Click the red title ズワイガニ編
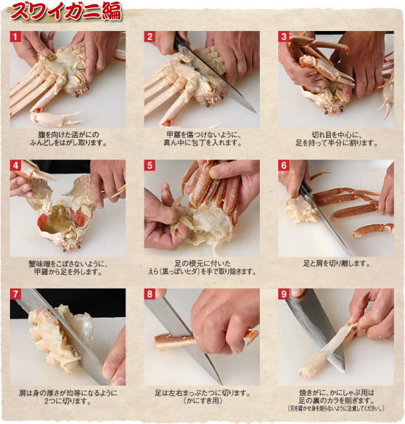pos(66,12)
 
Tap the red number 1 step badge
pos(15,36)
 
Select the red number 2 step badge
pos(149,36)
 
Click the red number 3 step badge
pos(283,36)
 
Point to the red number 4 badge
pos(15,165)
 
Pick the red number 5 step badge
pos(149,165)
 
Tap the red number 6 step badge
pos(283,165)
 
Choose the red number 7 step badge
pos(15,294)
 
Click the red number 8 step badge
pos(149,294)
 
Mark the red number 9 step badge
pos(283,294)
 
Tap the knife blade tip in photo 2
pos(254,111)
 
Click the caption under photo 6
pos(336,263)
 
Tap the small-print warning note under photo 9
pos(335,408)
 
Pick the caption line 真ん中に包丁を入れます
pos(202,142)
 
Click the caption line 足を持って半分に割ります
pos(336,142)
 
